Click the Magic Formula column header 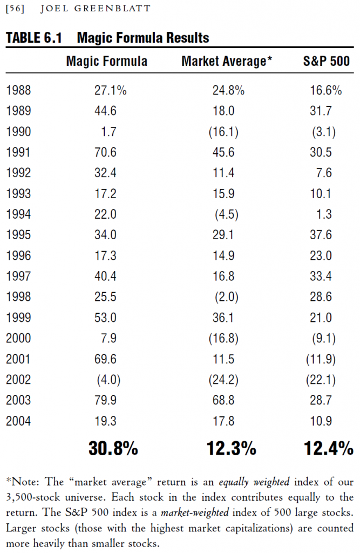(x=106, y=61)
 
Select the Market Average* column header (x=227, y=61)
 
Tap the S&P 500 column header (x=326, y=61)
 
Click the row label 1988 (x=18, y=90)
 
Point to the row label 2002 (x=18, y=380)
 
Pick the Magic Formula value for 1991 (x=105, y=152)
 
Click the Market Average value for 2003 (x=223, y=400)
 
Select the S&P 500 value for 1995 (x=321, y=235)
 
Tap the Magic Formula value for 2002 (x=108, y=380)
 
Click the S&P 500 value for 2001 (x=321, y=359)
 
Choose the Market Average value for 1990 (x=223, y=132)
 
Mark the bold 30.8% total (x=113, y=448)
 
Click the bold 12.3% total (x=232, y=448)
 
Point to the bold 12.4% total (x=329, y=448)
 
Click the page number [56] (x=15, y=9)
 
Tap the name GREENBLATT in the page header (x=112, y=9)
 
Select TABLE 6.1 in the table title (x=34, y=38)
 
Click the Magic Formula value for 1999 (x=105, y=318)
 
